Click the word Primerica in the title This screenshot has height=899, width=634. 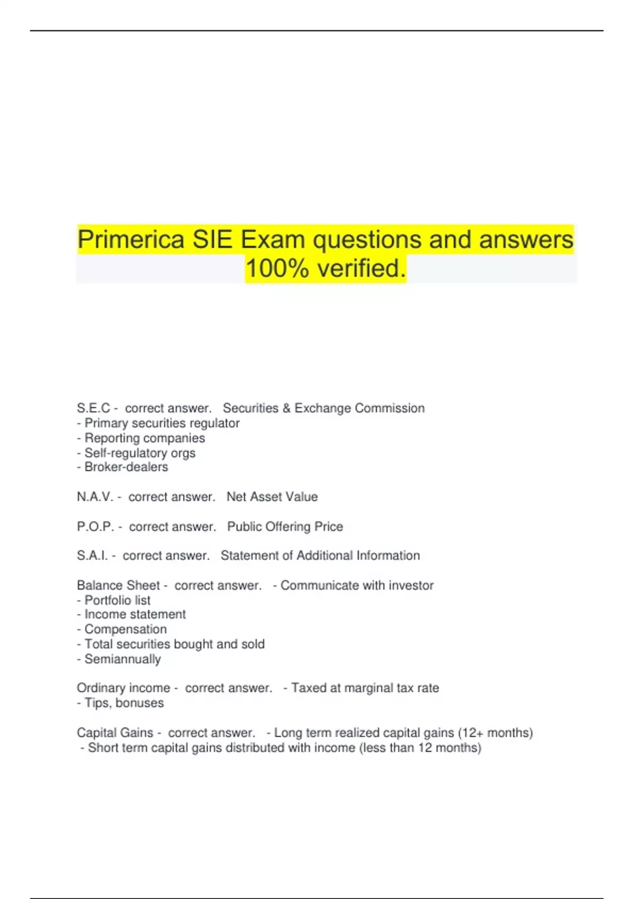pos(131,240)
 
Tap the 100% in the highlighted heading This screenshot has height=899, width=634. pos(277,269)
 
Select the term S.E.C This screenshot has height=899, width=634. pos(94,408)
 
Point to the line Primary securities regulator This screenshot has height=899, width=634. pos(162,423)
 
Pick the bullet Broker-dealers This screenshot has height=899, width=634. pos(126,467)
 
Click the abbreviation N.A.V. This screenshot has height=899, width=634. pos(95,497)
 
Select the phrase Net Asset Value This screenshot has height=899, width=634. pos(272,497)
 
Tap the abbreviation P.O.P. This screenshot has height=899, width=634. pos(95,527)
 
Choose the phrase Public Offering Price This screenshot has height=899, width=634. pos(285,527)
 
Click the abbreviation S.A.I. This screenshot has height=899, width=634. pos(92,556)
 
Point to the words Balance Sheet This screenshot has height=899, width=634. pos(118,585)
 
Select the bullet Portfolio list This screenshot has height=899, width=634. pos(117,600)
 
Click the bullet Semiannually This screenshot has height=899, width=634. pos(123,659)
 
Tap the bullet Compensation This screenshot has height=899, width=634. pos(125,629)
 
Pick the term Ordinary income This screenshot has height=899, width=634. pos(123,688)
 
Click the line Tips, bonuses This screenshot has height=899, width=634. pos(124,703)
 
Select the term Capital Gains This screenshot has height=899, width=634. pos(114,733)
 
